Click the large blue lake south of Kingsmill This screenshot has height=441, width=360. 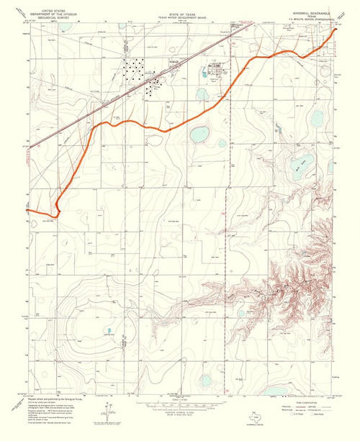coord(198,135)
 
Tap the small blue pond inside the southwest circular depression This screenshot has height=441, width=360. coord(109,332)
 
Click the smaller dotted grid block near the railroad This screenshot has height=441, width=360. coord(155,87)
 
